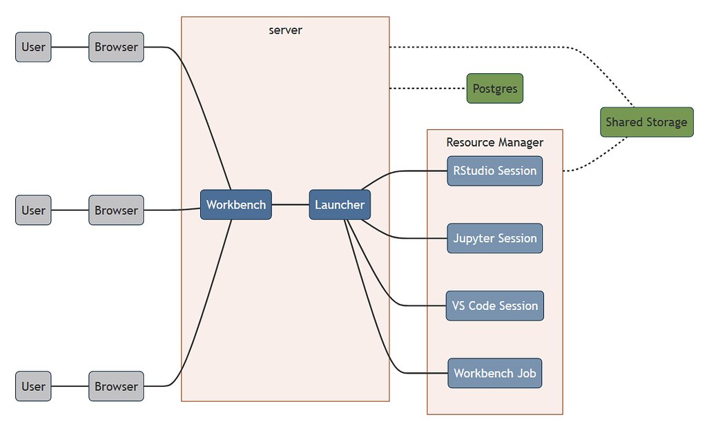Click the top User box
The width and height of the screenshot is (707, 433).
click(x=33, y=47)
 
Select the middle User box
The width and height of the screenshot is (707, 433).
click(x=33, y=210)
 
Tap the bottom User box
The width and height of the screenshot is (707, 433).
click(x=33, y=386)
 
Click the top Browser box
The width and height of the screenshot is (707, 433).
click(x=116, y=47)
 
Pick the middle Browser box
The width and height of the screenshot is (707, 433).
click(x=116, y=210)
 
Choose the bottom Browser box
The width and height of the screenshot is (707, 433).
click(x=116, y=386)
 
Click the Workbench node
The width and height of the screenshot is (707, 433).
click(x=236, y=204)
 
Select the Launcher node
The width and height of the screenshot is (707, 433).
click(x=340, y=204)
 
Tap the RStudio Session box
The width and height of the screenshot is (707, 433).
click(x=494, y=171)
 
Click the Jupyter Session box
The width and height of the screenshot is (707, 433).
click(x=494, y=238)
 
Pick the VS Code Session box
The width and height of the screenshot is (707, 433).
click(x=494, y=305)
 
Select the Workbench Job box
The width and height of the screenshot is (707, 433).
click(x=494, y=373)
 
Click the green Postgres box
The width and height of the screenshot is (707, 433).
click(x=495, y=88)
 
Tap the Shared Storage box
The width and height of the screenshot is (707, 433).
click(x=646, y=122)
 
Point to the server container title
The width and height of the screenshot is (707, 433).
click(x=285, y=30)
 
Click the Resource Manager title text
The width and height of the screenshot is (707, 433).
click(x=494, y=142)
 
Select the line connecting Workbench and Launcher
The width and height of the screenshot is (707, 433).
click(x=290, y=204)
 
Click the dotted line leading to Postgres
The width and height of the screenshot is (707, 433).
click(x=428, y=88)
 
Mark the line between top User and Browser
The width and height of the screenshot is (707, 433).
click(x=70, y=47)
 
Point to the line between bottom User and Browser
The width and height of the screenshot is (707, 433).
click(x=70, y=386)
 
